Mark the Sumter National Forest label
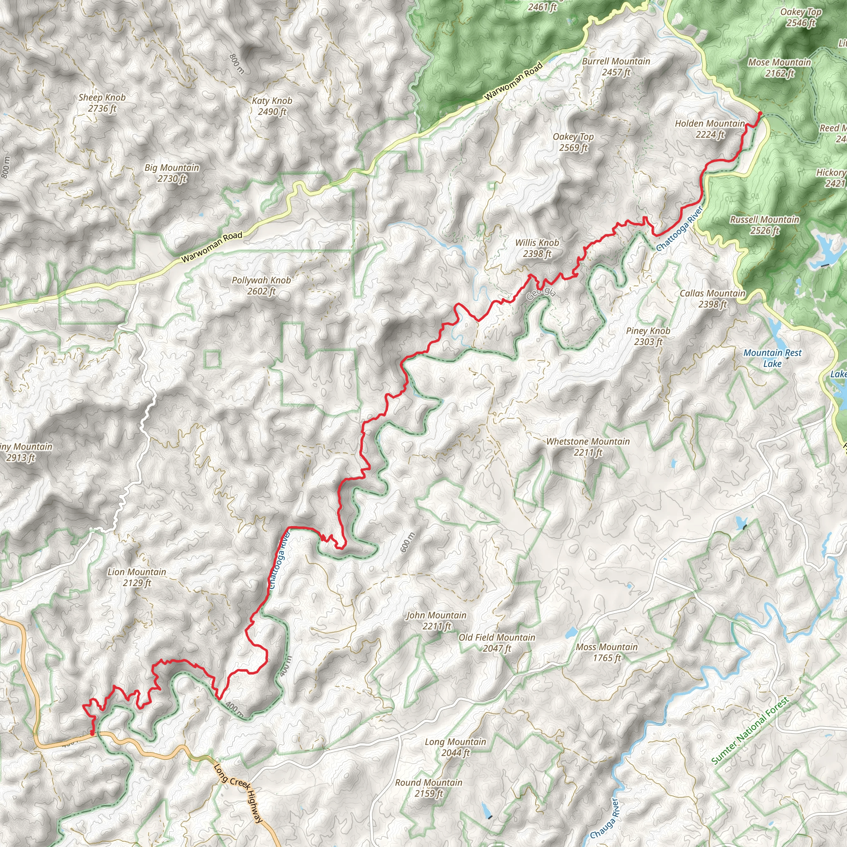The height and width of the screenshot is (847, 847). [x=750, y=730]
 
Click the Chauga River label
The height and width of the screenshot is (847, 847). [x=605, y=818]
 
